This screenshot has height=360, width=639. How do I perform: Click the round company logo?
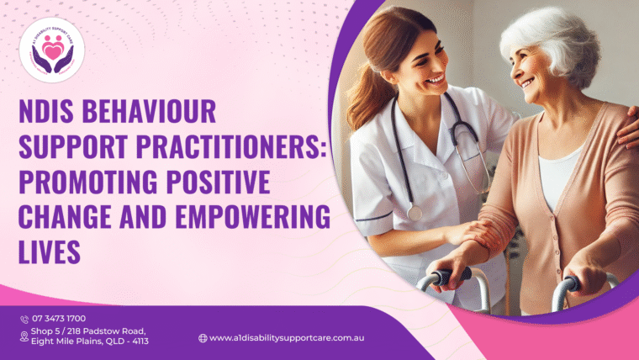51,50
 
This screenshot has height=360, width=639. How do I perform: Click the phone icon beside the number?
24,319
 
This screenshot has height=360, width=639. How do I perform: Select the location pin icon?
24,336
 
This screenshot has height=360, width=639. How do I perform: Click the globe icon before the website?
203,337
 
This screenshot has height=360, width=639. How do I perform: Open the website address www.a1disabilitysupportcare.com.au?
287,337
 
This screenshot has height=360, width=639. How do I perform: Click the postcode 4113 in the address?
138,341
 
